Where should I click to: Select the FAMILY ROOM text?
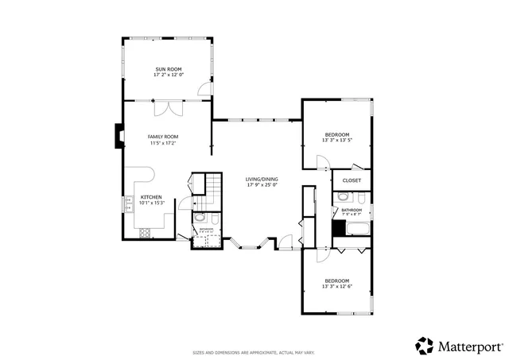[x=161, y=137]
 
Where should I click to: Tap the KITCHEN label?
[x=151, y=196]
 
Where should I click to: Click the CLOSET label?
[x=351, y=180]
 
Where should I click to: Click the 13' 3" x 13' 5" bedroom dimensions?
[x=336, y=141]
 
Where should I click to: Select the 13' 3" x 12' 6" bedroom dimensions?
[x=336, y=286]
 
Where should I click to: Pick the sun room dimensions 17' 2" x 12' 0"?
[x=168, y=75]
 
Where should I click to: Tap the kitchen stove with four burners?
[x=146, y=233]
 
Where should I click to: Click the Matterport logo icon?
[x=423, y=345]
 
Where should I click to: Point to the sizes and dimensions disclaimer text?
[x=254, y=352]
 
